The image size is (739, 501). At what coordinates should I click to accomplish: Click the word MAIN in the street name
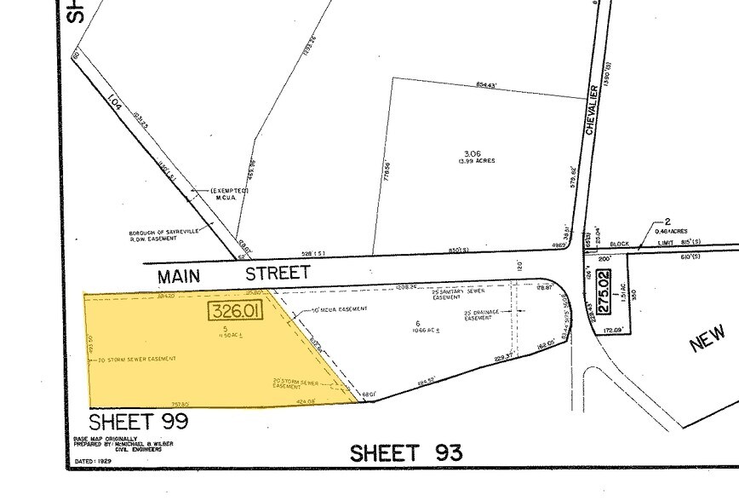point(186,275)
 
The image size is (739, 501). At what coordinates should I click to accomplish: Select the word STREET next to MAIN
point(278,274)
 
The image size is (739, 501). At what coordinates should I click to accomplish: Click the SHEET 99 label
point(138,422)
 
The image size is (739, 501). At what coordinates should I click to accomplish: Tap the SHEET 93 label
point(406,452)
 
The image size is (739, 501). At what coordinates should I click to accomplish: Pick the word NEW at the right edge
point(707,337)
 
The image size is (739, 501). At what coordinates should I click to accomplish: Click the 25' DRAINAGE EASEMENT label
point(479,315)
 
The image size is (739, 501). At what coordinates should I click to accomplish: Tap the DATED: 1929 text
point(94,461)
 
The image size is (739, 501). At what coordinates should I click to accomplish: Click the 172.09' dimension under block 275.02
point(613,329)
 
